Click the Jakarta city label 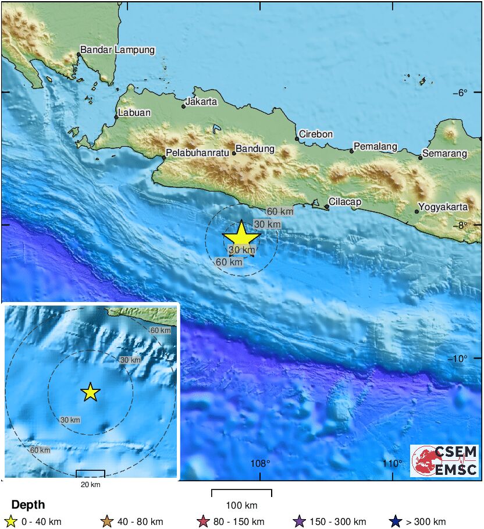click(202, 102)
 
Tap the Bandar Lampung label click(118, 50)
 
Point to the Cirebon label click(316, 134)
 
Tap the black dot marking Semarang click(420, 158)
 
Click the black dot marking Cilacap click(327, 206)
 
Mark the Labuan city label click(134, 113)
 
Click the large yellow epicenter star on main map click(241, 237)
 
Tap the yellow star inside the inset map click(90, 392)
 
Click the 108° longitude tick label click(260, 463)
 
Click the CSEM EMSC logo click(445, 461)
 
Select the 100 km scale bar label click(241, 505)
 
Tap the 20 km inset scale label click(90, 484)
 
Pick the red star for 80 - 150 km click(203, 521)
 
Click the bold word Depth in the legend click(28, 505)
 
